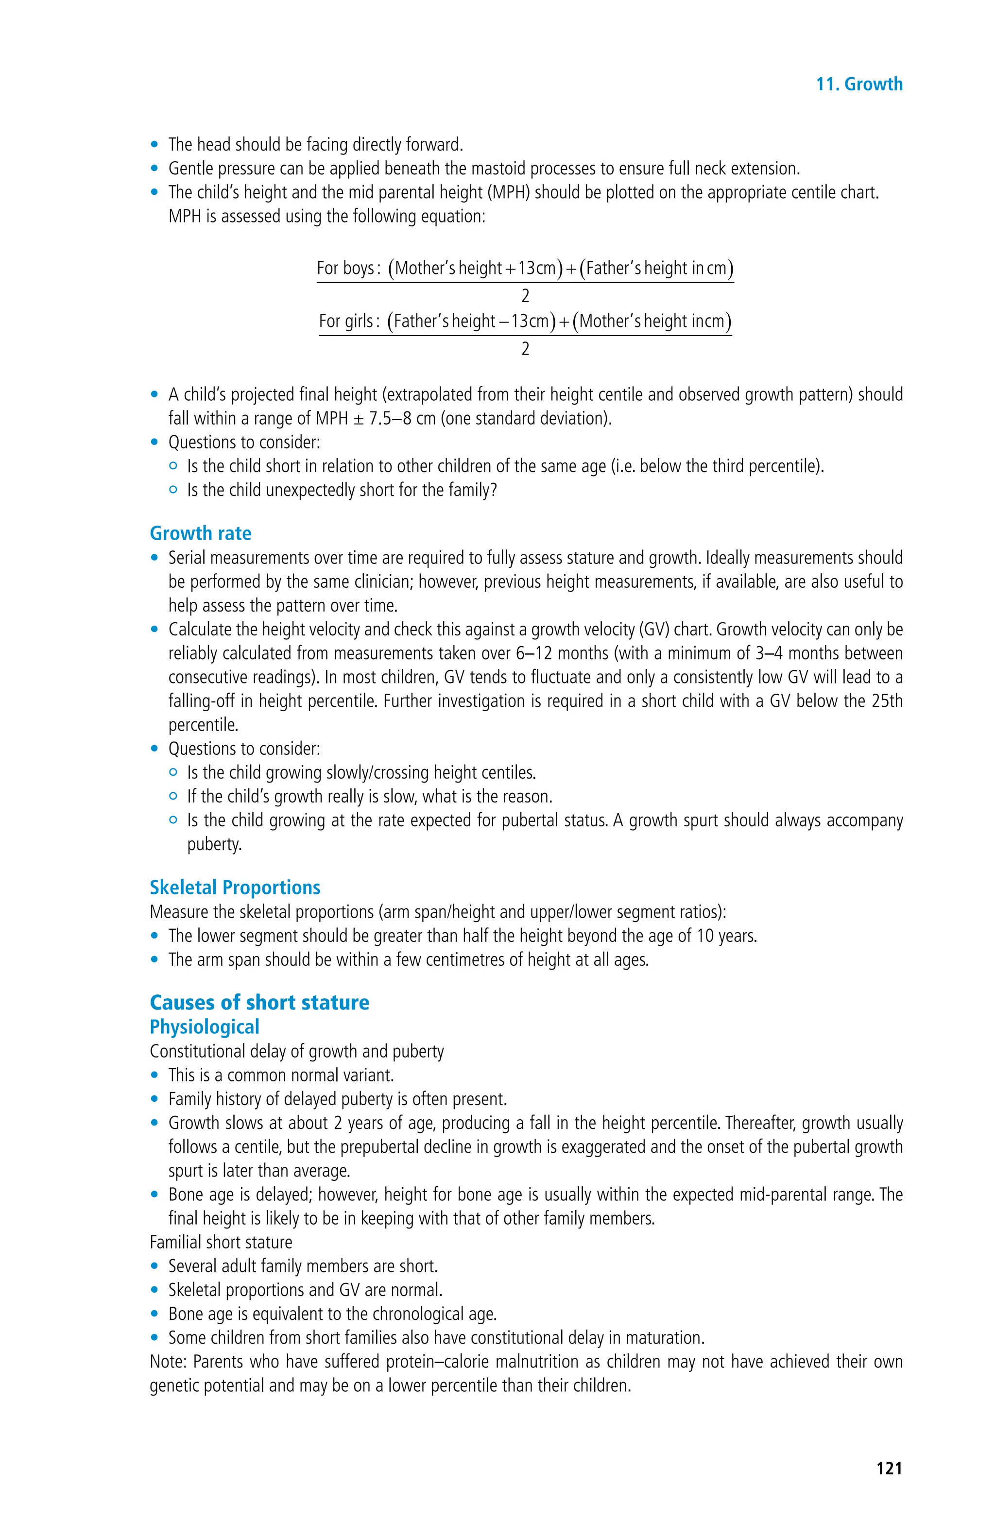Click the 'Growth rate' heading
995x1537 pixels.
200,533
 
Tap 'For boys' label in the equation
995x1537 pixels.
346,268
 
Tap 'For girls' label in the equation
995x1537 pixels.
347,321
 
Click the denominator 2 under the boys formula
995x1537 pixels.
525,296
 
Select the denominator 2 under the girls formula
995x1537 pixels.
525,349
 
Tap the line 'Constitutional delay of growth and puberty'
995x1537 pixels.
296,1051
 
